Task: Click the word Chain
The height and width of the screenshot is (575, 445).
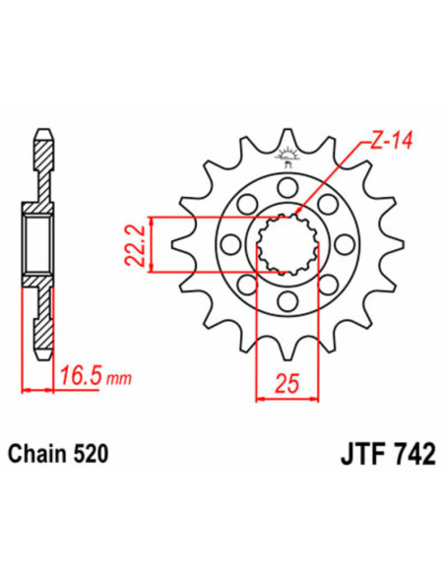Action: click(x=40, y=455)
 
